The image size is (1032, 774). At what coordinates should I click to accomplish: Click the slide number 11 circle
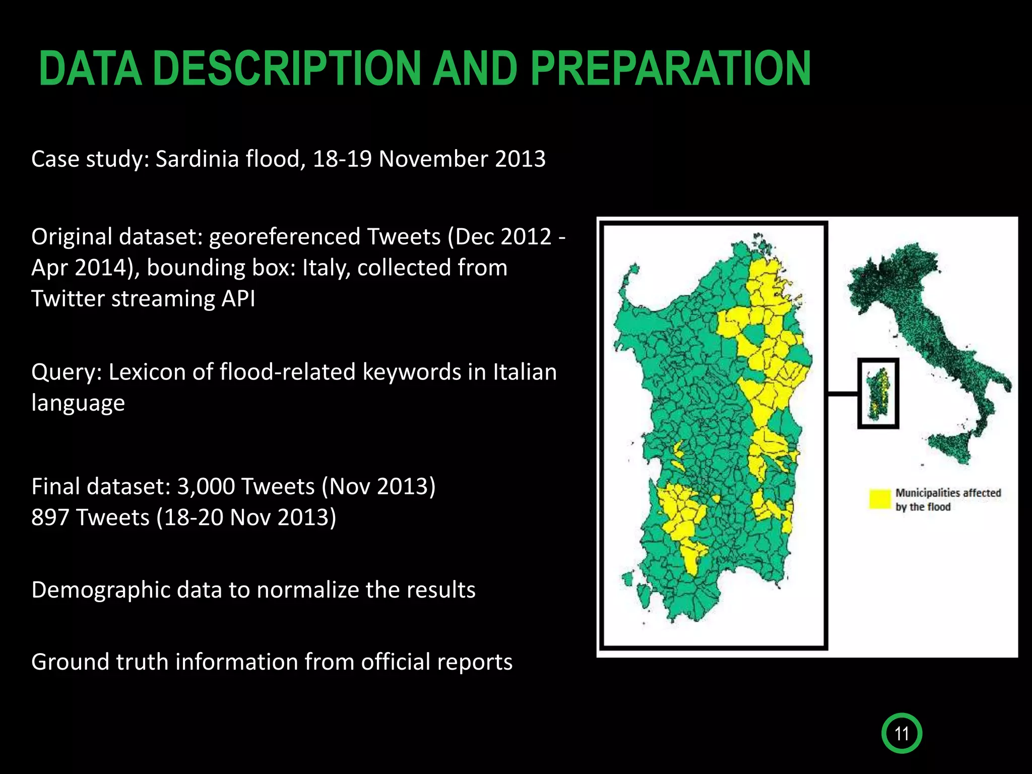tap(901, 733)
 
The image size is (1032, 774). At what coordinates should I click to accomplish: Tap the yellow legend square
tap(880, 499)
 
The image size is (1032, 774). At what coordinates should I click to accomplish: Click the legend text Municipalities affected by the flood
tap(947, 500)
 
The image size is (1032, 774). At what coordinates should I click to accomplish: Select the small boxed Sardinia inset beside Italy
tap(878, 394)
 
